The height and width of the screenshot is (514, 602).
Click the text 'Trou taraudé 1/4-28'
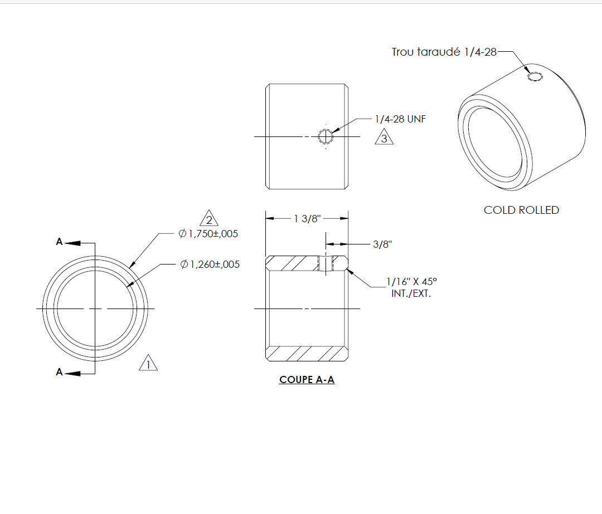pos(444,52)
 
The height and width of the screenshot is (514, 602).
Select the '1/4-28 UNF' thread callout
pos(400,119)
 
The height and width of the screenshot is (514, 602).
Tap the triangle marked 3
pos(384,138)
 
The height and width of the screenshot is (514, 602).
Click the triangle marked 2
pos(209,218)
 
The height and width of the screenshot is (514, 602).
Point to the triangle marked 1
pos(148,363)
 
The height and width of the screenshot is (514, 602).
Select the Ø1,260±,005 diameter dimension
pos(210,265)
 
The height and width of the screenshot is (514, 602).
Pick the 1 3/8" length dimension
pos(307,219)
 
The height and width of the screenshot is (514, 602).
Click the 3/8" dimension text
pos(382,244)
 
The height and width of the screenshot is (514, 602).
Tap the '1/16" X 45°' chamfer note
pos(411,282)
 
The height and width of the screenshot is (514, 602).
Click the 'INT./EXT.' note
pos(411,294)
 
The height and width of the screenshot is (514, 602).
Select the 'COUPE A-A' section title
pos(307,380)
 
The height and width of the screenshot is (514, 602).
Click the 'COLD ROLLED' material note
pos(521,210)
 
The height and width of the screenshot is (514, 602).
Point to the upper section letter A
pos(59,242)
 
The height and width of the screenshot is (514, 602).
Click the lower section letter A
pos(59,372)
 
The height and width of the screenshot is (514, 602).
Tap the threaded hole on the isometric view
pos(535,77)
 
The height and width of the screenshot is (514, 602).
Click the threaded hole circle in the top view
pos(326,136)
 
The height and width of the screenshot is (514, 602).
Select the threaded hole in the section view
pos(326,263)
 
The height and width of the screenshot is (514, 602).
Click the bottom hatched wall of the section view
pos(307,354)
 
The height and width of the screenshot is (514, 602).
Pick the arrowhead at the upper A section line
pos(72,243)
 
